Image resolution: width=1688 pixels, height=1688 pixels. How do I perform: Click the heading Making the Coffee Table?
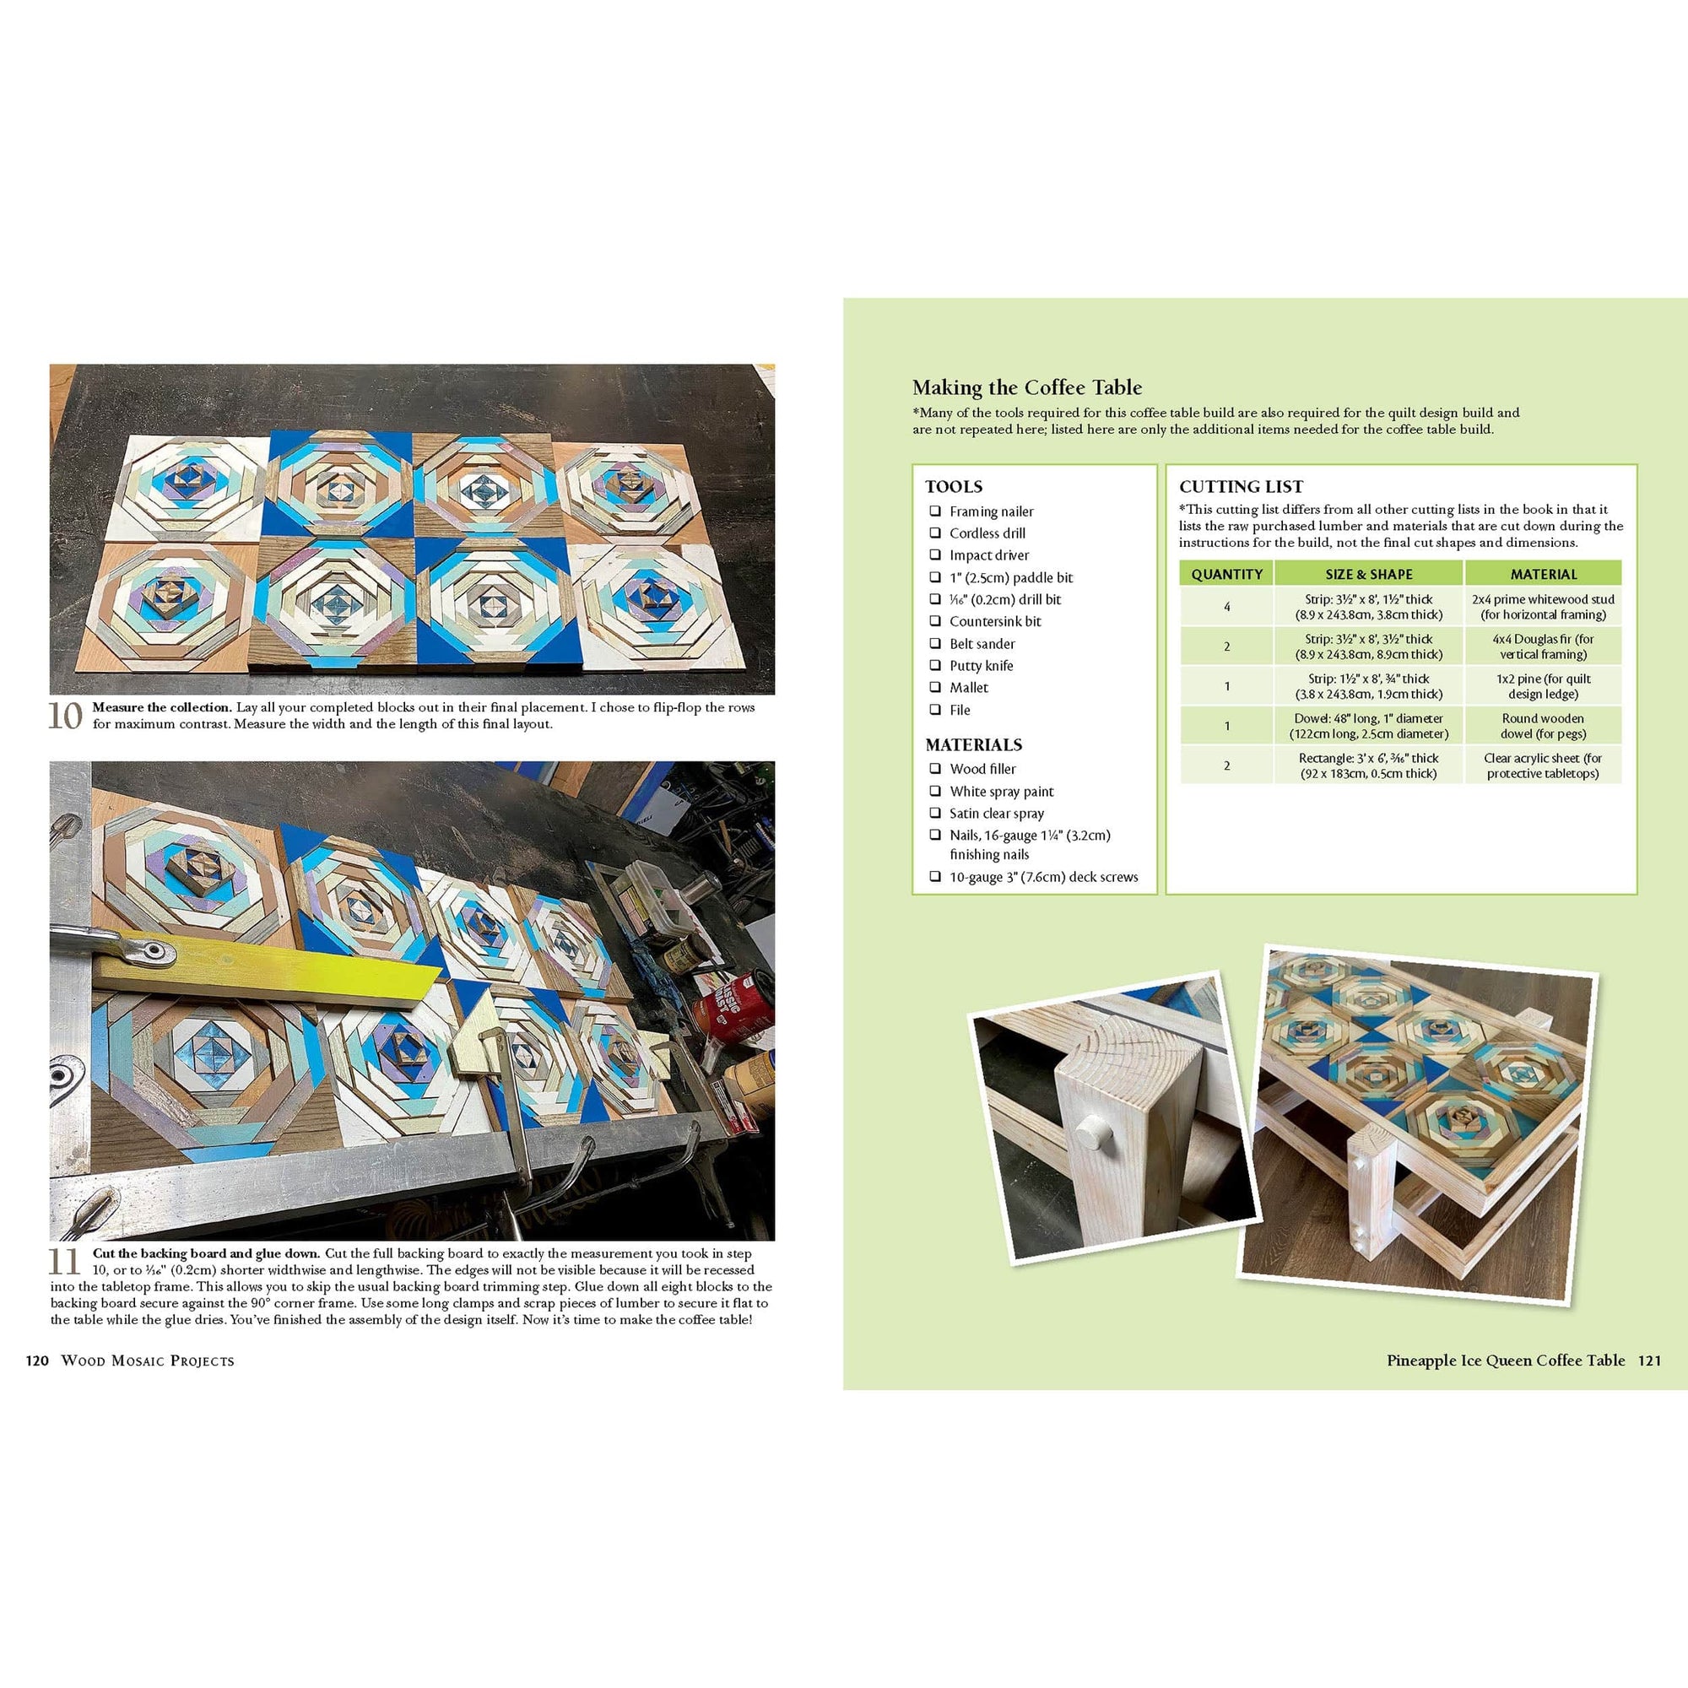point(1026,388)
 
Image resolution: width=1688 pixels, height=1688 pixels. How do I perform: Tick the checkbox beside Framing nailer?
point(935,511)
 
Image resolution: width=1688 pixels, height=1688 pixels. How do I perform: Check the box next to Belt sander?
point(935,643)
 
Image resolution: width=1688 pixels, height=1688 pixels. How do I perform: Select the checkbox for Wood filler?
point(935,769)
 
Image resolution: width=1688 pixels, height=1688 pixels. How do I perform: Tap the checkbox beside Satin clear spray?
point(935,813)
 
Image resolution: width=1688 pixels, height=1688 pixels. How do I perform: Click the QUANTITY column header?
point(1226,574)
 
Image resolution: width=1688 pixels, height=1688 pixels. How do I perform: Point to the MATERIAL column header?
point(1543,574)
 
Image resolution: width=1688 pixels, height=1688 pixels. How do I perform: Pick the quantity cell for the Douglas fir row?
point(1226,647)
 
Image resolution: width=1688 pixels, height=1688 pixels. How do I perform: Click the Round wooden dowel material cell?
point(1543,726)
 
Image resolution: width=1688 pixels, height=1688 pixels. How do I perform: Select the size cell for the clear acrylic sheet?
point(1368,766)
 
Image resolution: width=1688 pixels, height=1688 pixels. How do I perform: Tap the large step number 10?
point(66,717)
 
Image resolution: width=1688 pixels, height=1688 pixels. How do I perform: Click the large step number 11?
point(66,1263)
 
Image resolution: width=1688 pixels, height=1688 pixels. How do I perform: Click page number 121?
point(1649,1361)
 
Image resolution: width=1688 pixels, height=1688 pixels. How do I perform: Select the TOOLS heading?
point(954,487)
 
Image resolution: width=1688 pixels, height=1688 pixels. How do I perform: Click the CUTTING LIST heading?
point(1241,487)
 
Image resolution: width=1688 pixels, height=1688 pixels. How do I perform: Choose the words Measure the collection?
point(162,708)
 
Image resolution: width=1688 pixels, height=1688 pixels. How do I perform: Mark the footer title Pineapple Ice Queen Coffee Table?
point(1506,1361)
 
